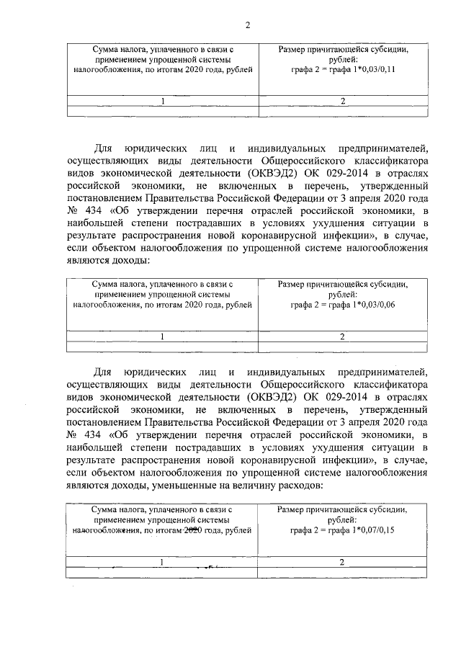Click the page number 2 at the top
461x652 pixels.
click(x=247, y=26)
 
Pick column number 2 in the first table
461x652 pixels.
click(x=343, y=101)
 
